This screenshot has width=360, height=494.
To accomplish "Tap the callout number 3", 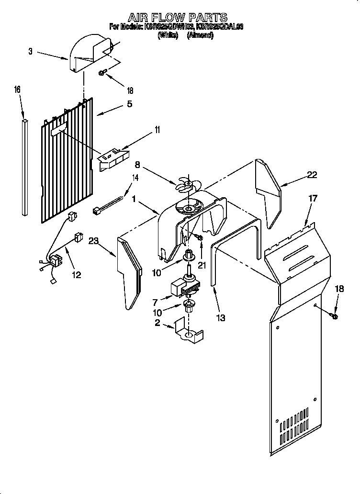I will [31, 52].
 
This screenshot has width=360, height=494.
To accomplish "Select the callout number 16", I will [17, 90].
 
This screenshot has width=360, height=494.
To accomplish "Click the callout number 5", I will [129, 104].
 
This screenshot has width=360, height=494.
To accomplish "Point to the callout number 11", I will [157, 130].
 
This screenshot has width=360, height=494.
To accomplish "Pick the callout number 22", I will [312, 175].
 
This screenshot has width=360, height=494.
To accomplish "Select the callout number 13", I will [220, 317].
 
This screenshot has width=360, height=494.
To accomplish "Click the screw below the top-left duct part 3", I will [102, 73].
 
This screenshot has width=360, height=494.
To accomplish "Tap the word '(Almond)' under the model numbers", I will [200, 35].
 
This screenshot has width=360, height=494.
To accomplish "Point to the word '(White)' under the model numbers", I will [168, 35].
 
